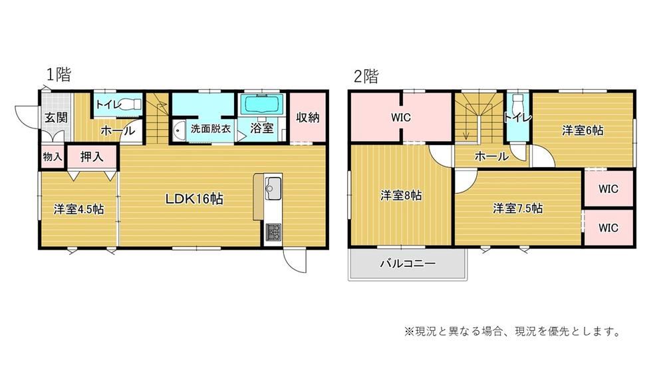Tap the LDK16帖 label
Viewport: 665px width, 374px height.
pyautogui.click(x=194, y=198)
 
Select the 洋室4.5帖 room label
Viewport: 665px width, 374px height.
pyautogui.click(x=78, y=209)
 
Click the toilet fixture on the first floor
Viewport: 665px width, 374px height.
pyautogui.click(x=132, y=104)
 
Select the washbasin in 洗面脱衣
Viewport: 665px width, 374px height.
pyautogui.click(x=180, y=131)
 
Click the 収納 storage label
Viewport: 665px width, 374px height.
pyautogui.click(x=307, y=118)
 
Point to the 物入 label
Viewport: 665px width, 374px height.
pyautogui.click(x=52, y=157)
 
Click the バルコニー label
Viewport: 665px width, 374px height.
pyautogui.click(x=408, y=264)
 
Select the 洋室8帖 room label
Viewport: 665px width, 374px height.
pyautogui.click(x=401, y=196)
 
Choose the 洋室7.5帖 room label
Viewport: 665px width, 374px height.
pyautogui.click(x=518, y=208)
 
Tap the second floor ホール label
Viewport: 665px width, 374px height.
pyautogui.click(x=491, y=157)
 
